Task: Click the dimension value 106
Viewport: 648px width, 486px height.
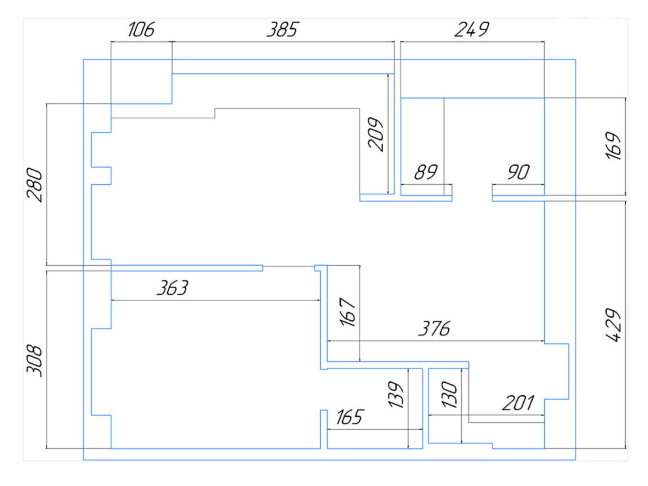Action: point(141,30)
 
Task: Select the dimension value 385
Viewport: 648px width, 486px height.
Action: point(282,30)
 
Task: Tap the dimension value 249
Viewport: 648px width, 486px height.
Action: point(471,30)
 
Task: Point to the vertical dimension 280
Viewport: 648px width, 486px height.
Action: point(35,185)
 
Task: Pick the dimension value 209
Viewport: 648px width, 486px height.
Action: point(375,134)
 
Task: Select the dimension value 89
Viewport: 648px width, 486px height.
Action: point(426,172)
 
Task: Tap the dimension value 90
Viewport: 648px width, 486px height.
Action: point(518,172)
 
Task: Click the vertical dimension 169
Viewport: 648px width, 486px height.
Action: point(614,146)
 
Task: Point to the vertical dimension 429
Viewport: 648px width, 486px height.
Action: point(613,325)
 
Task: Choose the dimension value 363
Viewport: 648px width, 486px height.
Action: point(173,288)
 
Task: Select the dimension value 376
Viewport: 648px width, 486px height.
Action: point(434,328)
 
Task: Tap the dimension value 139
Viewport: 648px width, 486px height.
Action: point(396,394)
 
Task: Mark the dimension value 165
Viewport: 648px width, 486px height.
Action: point(350,417)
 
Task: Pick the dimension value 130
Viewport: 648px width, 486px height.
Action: point(450,394)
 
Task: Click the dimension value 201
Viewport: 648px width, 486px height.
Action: point(518,403)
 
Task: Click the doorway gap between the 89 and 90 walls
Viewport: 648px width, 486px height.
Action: point(472,198)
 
